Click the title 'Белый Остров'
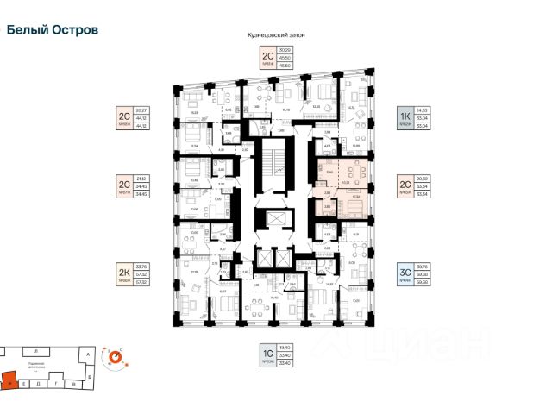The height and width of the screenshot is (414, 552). (x=53, y=28)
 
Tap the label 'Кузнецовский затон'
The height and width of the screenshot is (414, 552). (x=276, y=34)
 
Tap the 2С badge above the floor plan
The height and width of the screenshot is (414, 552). (x=268, y=58)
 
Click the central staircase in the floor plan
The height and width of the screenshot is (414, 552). (x=277, y=167)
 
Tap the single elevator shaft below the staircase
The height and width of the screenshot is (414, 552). (x=277, y=219)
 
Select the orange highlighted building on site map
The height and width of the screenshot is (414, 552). (x=8, y=378)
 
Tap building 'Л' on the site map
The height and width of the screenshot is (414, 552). (x=35, y=352)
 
